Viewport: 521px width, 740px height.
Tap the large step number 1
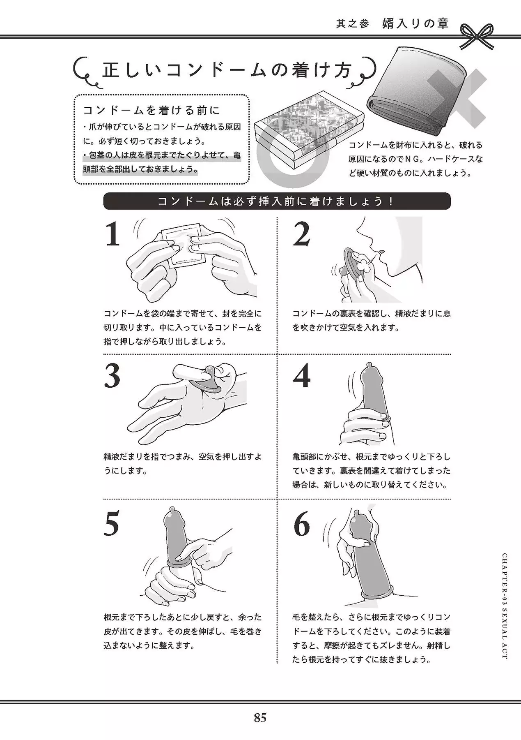point(112,234)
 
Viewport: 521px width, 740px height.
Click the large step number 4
point(302,376)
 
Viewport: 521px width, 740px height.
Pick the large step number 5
point(112,524)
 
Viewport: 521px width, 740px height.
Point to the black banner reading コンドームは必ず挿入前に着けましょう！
point(277,201)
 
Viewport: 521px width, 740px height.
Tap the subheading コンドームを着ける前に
point(151,110)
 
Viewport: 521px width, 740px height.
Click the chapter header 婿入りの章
point(415,23)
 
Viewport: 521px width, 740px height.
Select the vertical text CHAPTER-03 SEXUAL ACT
point(505,606)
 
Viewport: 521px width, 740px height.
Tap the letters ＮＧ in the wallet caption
point(404,159)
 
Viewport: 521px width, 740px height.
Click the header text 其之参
point(353,24)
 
